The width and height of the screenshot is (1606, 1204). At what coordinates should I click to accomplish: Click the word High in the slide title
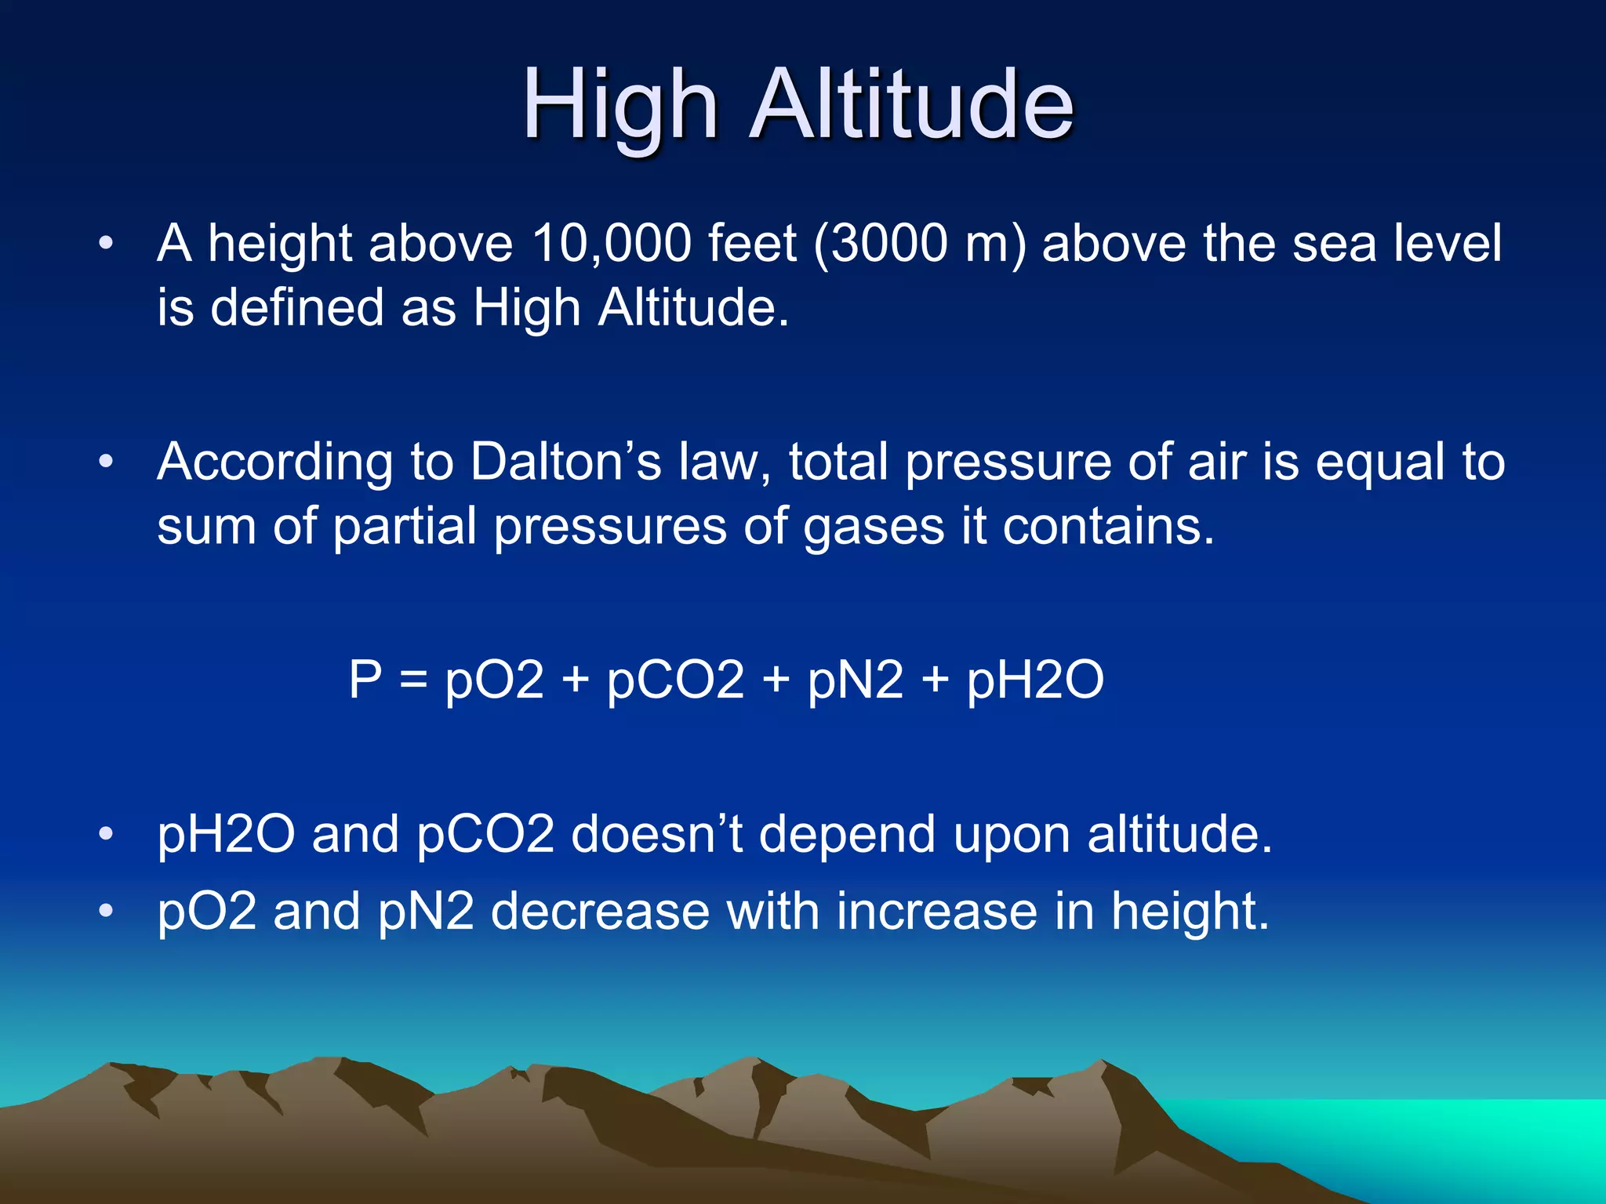tap(620, 106)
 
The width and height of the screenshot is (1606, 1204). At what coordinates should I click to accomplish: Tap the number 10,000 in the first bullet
tap(612, 243)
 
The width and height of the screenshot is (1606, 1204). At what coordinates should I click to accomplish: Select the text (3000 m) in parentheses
tap(919, 243)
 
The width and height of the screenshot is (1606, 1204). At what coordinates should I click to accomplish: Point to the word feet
tap(752, 243)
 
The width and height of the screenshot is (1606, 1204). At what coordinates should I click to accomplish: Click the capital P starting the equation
tap(365, 679)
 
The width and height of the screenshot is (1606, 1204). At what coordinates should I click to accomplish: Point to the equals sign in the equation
tap(413, 679)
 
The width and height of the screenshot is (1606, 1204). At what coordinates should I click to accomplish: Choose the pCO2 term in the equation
tap(675, 680)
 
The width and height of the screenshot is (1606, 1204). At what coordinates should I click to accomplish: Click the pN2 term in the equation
tap(856, 680)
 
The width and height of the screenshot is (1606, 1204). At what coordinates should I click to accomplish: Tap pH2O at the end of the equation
tap(1035, 680)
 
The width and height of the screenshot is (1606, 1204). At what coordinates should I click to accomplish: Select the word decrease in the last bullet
tap(600, 911)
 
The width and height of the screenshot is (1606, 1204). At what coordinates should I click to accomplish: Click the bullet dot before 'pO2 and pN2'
tap(106, 911)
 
